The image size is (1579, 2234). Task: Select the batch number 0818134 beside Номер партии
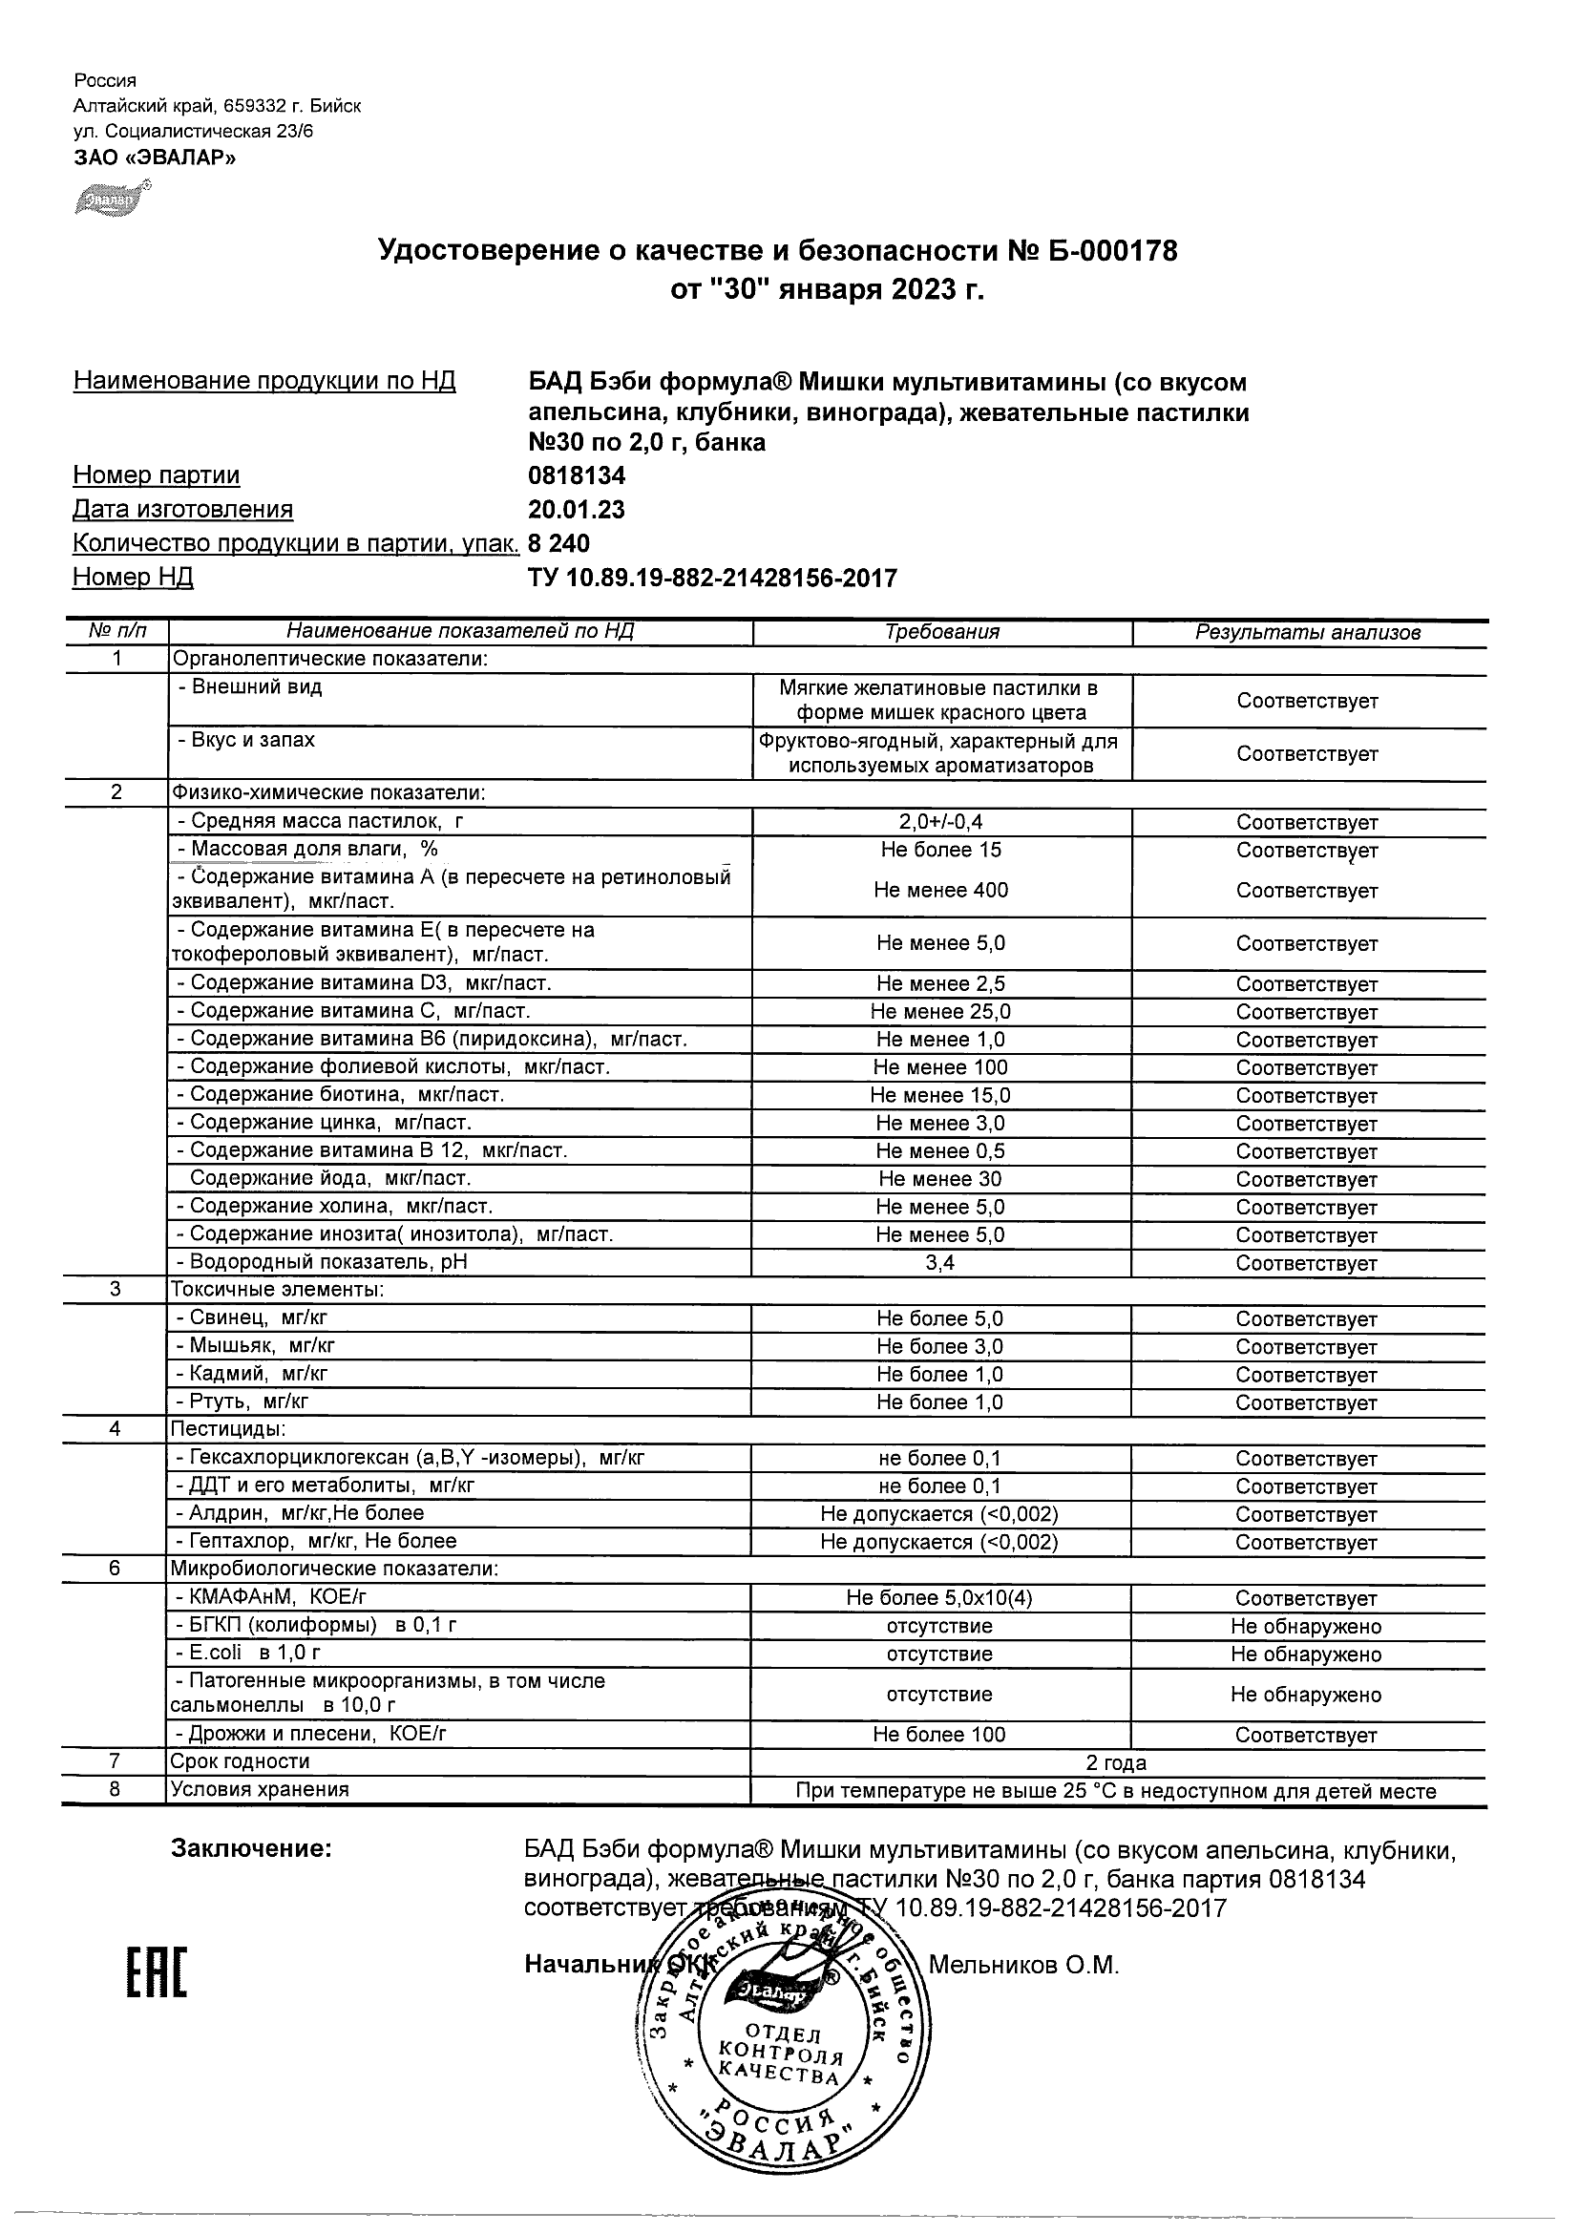click(x=576, y=475)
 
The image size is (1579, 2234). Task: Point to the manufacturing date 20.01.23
click(x=576, y=510)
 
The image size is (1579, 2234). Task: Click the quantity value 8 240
click(x=558, y=543)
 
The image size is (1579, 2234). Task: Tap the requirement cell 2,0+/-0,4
click(x=940, y=822)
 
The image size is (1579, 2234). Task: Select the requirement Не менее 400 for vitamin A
click(x=940, y=891)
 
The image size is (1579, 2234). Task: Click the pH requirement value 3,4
click(x=940, y=1264)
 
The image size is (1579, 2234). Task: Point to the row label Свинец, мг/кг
click(x=252, y=1318)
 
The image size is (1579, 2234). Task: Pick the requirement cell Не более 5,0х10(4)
click(x=938, y=1598)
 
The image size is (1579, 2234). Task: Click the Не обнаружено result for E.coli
click(x=1306, y=1654)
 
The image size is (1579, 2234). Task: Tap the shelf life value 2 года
click(x=1116, y=1763)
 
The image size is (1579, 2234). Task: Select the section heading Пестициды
click(x=228, y=1429)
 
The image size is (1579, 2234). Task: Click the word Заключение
click(x=251, y=1848)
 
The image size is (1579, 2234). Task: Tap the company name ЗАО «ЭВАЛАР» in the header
click(x=155, y=157)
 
